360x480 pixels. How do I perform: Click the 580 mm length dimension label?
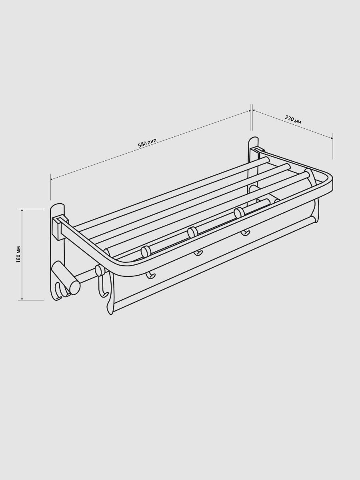pos(147,143)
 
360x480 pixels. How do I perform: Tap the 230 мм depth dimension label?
pos(293,120)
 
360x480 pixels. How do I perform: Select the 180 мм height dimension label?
pos(18,254)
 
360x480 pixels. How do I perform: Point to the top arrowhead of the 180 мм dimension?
pos(22,210)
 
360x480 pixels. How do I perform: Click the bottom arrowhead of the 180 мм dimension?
pos(22,298)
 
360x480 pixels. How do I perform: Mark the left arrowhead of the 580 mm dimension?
pos(52,179)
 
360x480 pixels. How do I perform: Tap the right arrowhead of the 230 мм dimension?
pos(331,138)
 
